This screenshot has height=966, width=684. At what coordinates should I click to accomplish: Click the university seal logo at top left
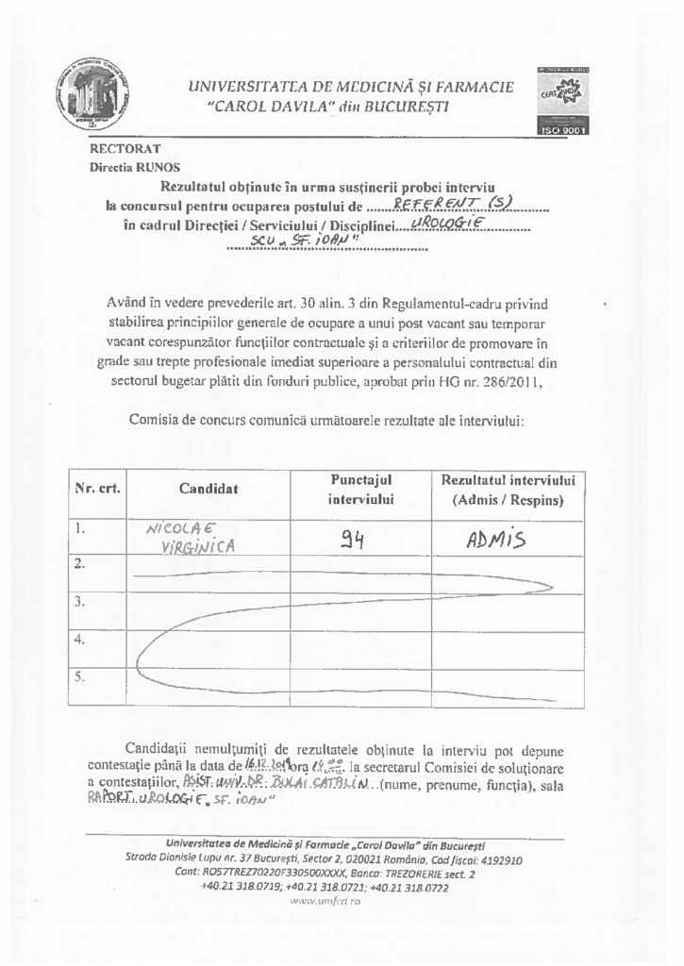(x=92, y=96)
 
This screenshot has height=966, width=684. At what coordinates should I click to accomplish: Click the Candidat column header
(x=209, y=489)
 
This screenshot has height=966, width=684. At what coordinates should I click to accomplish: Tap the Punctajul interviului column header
(x=360, y=489)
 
